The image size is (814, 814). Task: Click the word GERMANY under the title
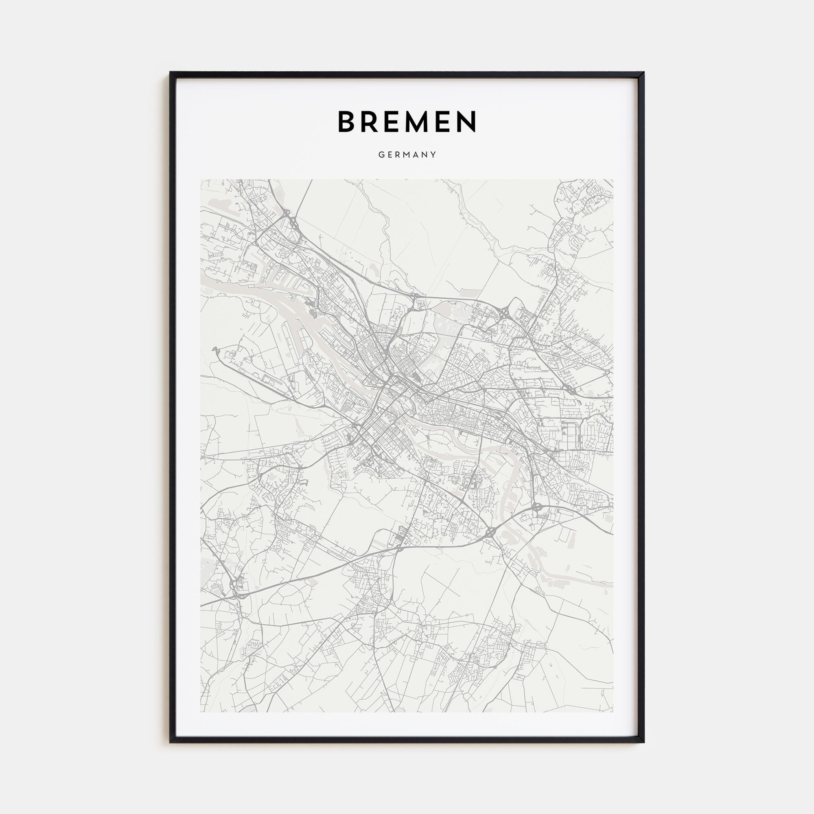click(407, 155)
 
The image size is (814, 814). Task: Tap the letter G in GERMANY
click(381, 155)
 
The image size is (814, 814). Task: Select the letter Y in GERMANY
click(433, 155)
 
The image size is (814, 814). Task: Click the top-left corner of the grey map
click(201, 180)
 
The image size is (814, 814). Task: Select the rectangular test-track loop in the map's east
click(571, 435)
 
